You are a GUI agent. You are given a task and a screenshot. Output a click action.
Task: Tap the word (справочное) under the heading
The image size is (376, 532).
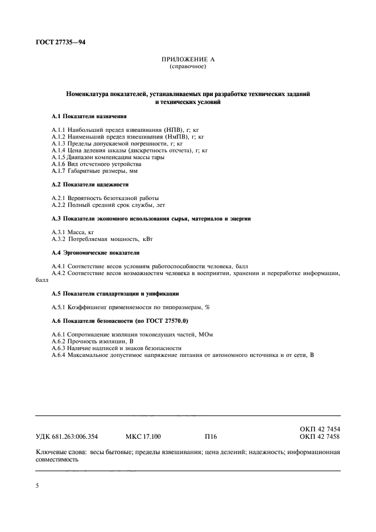(x=187, y=67)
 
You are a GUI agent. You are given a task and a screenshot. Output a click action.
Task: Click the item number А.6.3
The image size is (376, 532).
(x=60, y=348)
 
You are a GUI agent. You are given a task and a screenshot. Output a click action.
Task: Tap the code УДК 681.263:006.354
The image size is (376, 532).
(x=67, y=437)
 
